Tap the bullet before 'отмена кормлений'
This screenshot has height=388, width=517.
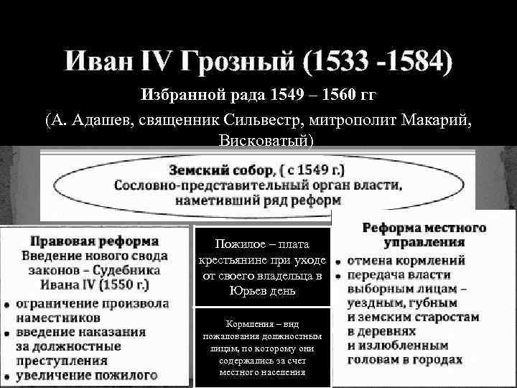pyautogui.click(x=338, y=261)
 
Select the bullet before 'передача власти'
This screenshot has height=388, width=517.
pyautogui.click(x=338, y=276)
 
